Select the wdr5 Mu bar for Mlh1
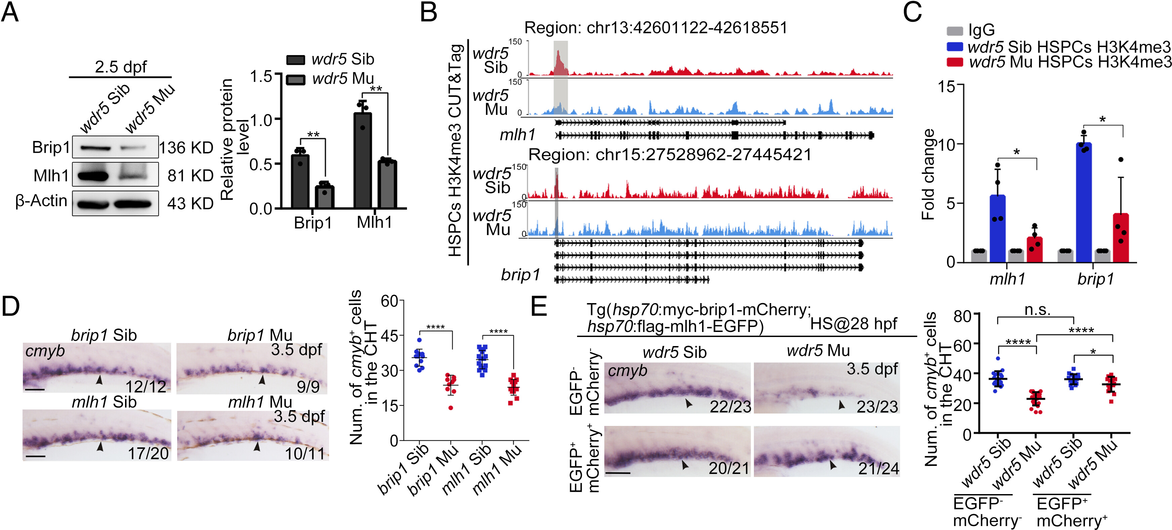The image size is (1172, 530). point(387,184)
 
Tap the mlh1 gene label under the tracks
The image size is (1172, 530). point(517,135)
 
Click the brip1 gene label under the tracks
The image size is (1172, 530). point(520,275)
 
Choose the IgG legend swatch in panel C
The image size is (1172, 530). point(955,31)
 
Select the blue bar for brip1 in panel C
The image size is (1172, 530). point(1084,202)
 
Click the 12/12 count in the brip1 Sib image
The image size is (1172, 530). point(146,386)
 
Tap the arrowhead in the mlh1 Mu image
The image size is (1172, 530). point(257,447)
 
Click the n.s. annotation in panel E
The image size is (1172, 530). point(1037,310)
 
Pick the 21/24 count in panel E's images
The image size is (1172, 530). point(879,468)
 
